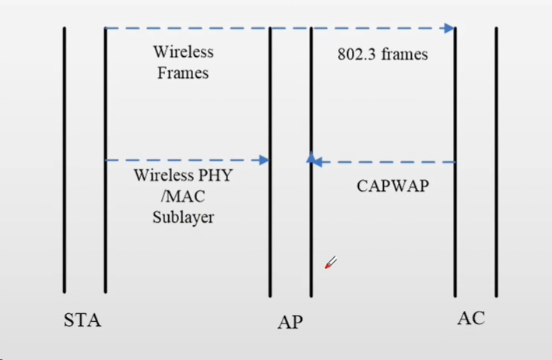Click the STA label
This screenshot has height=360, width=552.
click(83, 320)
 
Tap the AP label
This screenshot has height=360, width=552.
click(290, 322)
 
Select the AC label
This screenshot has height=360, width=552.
click(470, 318)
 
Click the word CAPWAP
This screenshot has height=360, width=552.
click(392, 186)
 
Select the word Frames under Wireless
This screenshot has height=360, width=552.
click(183, 73)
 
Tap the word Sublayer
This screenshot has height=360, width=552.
click(183, 217)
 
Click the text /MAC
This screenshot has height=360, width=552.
click(183, 196)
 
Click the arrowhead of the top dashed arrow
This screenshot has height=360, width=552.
click(448, 29)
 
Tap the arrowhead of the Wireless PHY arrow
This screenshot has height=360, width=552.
click(263, 160)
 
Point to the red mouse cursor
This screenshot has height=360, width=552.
click(330, 263)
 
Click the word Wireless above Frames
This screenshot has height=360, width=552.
click(183, 53)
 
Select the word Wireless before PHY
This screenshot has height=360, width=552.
click(162, 176)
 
